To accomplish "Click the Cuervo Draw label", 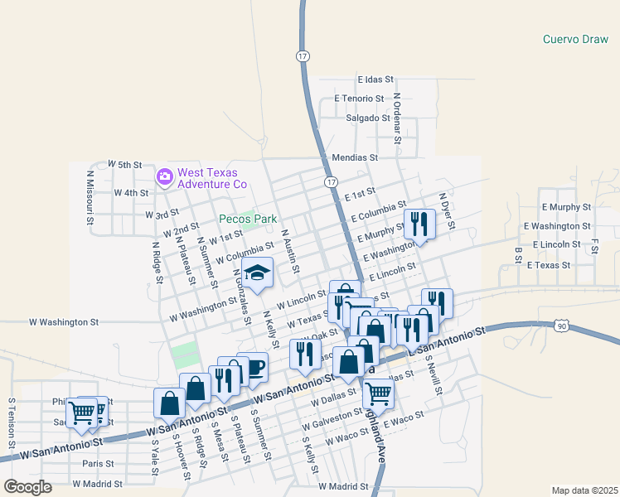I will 575,39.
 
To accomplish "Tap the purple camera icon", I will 164,176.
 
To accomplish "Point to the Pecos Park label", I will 247,220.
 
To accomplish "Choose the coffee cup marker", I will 252,367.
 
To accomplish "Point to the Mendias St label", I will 355,157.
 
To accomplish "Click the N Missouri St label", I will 90,197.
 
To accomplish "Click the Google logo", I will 27,487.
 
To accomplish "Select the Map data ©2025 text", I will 584,490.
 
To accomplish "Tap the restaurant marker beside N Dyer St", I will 419,224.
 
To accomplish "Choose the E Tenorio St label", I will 360,99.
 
